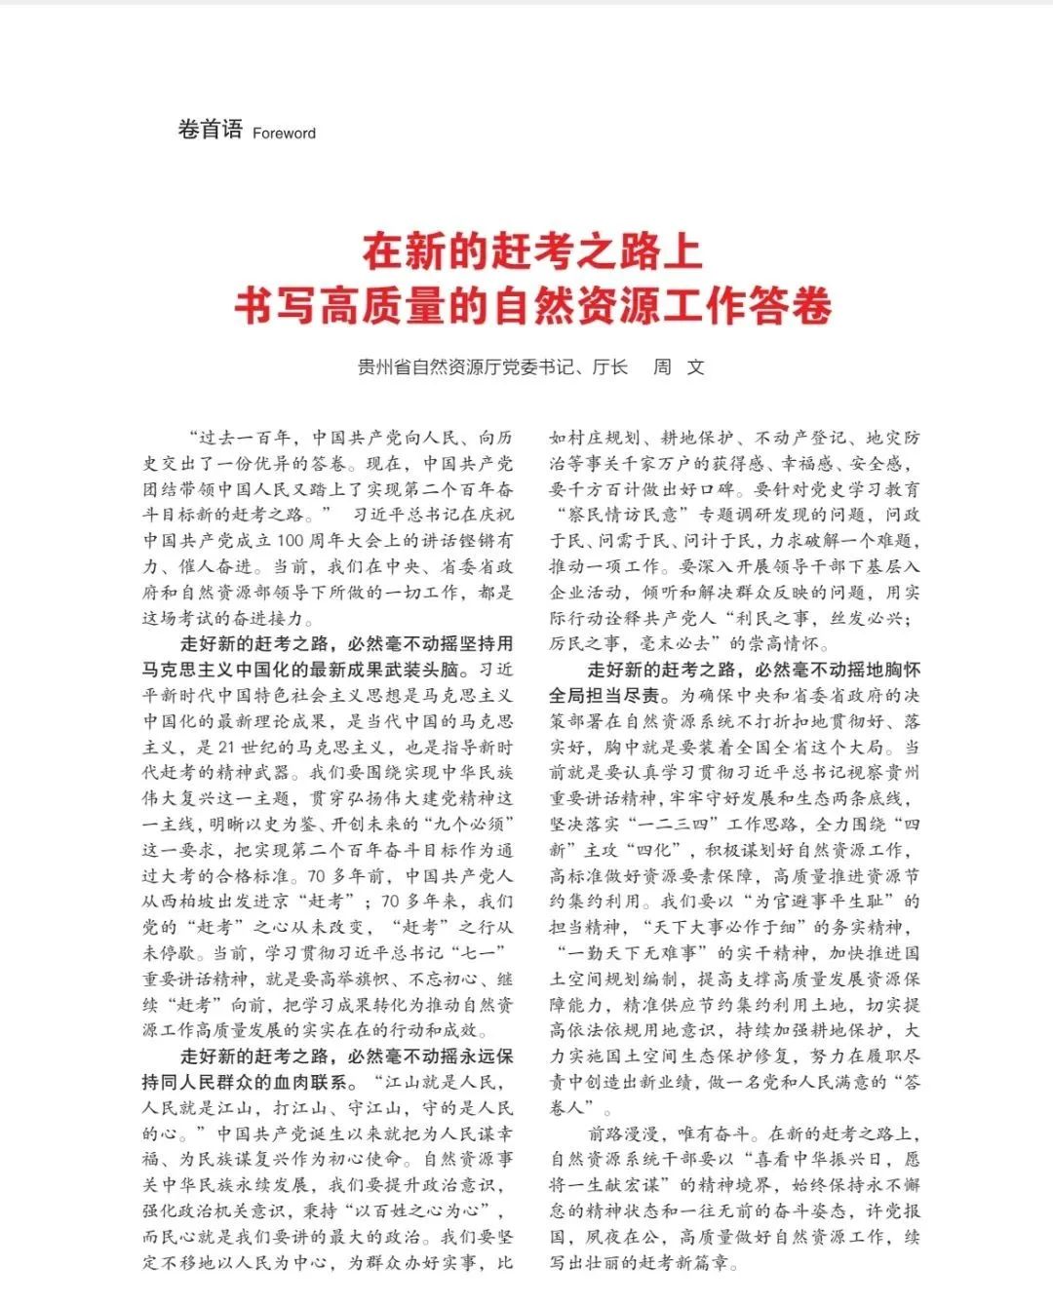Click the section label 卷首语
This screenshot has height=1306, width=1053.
click(210, 129)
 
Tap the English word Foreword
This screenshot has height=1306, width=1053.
click(284, 134)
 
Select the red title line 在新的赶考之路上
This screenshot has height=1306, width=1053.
click(531, 252)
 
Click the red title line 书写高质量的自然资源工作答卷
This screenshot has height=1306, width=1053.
click(531, 306)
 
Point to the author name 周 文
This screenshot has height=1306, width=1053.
click(679, 367)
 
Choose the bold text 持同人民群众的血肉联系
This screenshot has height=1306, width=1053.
click(244, 1082)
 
